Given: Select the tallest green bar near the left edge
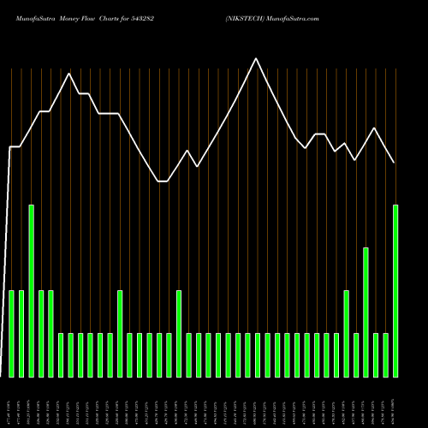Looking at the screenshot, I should (x=32, y=291).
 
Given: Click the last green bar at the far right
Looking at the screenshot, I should (x=395, y=291).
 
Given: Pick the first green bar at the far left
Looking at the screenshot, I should (x=12, y=334).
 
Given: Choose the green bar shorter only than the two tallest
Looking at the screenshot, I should (x=366, y=312).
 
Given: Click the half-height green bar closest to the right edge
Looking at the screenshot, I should (x=346, y=334).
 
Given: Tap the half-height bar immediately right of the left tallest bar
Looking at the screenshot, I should (x=41, y=334).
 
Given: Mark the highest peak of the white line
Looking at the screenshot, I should (x=256, y=58).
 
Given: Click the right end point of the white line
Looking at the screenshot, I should (x=395, y=163).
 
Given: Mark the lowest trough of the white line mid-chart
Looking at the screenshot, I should (x=163, y=181).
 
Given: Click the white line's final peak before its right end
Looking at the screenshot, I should (x=375, y=128).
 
